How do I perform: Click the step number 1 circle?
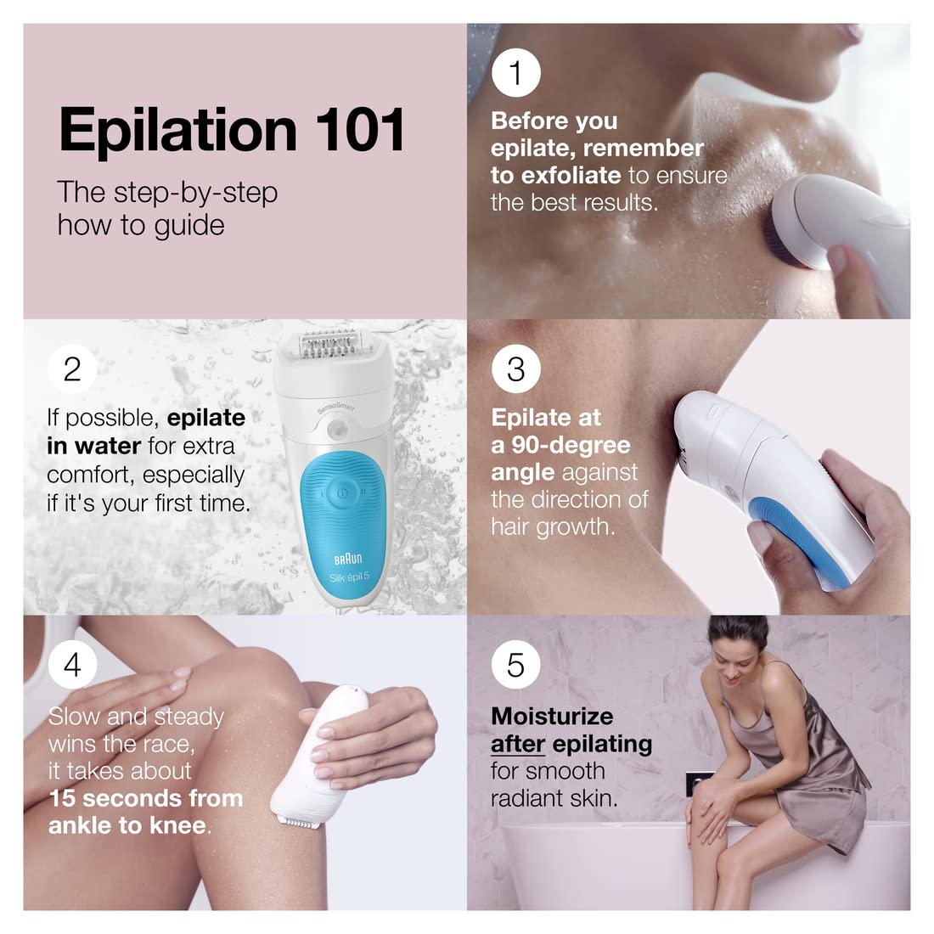click(x=515, y=73)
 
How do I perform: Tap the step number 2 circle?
click(x=72, y=369)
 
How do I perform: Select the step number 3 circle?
click(x=515, y=369)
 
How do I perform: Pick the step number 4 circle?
click(x=72, y=665)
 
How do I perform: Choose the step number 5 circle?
click(x=515, y=665)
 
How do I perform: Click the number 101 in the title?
click(x=360, y=130)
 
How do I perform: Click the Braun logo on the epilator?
click(x=347, y=558)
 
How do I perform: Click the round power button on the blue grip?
click(x=340, y=492)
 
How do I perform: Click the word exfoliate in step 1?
click(x=570, y=176)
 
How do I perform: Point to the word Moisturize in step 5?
click(x=552, y=716)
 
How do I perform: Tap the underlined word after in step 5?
click(x=517, y=744)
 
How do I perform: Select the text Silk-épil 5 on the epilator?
click(x=349, y=577)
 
